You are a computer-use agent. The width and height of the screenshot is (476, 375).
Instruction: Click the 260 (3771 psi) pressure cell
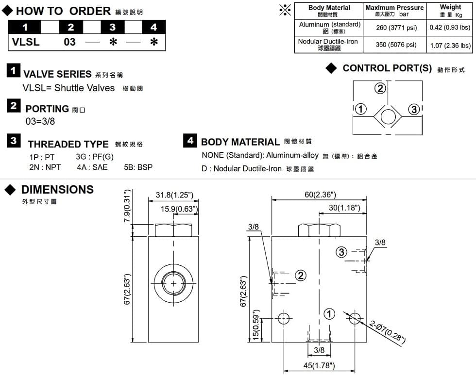click(x=396, y=28)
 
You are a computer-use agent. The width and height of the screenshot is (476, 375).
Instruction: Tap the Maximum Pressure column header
click(x=394, y=11)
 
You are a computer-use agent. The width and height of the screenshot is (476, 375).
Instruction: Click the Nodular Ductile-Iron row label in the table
click(x=328, y=45)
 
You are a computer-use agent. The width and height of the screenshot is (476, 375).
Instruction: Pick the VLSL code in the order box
click(x=26, y=42)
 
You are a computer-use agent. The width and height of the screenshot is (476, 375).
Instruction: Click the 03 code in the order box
click(x=70, y=42)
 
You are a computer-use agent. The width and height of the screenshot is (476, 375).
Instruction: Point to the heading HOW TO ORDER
click(x=63, y=11)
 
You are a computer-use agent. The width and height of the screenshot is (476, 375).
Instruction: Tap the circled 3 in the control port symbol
click(x=414, y=109)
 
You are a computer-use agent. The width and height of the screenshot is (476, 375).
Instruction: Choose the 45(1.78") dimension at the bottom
click(x=319, y=365)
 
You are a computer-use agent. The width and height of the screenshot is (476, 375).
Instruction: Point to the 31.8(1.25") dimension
click(x=174, y=195)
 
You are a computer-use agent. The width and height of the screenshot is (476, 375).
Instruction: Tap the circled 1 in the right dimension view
click(x=330, y=314)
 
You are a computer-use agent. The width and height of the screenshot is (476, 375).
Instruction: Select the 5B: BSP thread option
click(x=138, y=167)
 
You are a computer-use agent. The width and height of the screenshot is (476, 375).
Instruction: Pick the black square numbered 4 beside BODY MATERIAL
click(x=190, y=141)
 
